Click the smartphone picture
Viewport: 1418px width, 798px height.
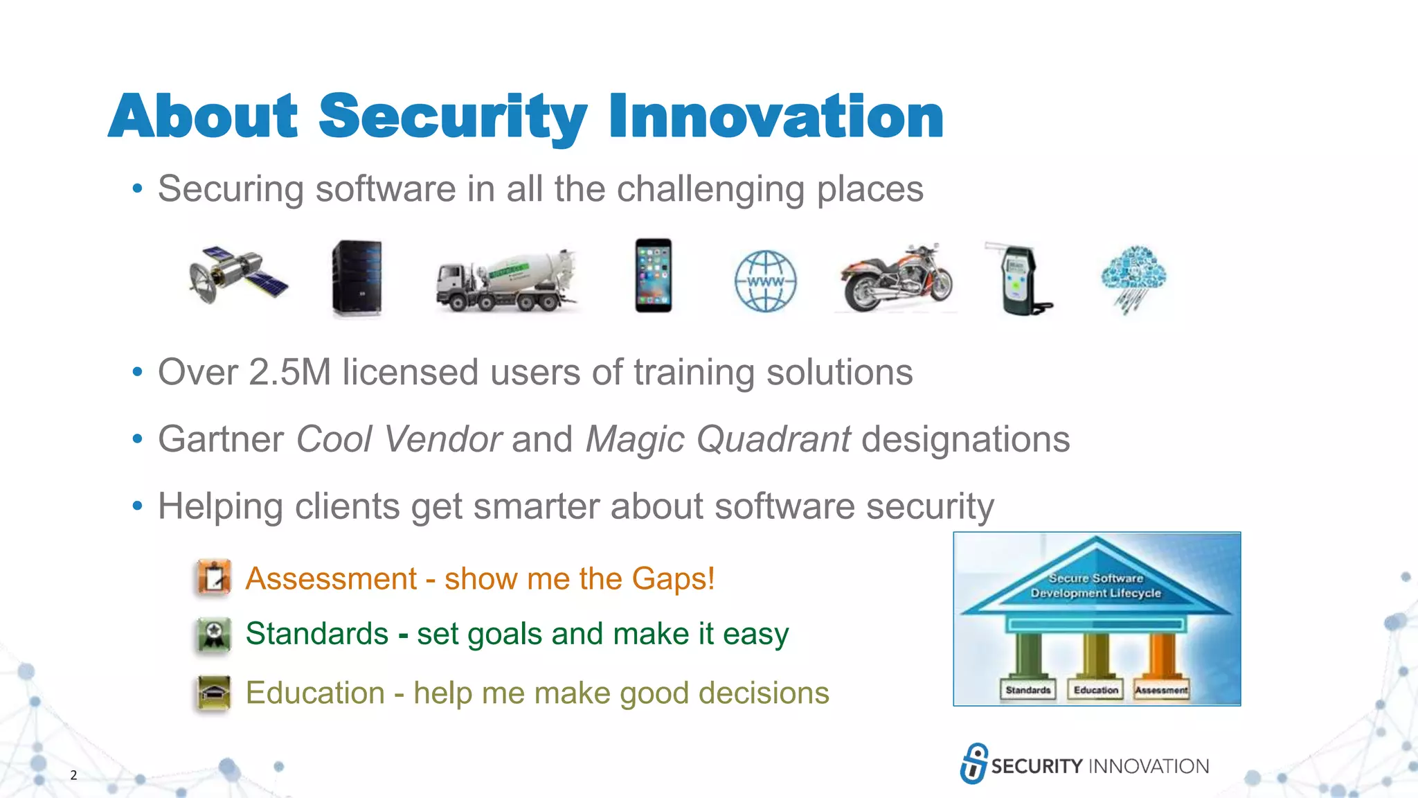click(653, 276)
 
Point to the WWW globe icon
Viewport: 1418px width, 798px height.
click(765, 281)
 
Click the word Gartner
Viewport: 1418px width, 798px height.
click(221, 439)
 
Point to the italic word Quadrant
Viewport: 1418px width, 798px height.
click(773, 439)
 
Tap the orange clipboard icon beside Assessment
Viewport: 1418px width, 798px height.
click(214, 578)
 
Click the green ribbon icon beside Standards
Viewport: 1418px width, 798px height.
click(214, 634)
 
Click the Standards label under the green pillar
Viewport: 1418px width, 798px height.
click(1027, 690)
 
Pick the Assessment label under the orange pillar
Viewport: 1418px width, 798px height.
click(1161, 690)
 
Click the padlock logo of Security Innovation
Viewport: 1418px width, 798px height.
click(973, 763)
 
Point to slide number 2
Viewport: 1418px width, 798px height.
click(73, 775)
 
